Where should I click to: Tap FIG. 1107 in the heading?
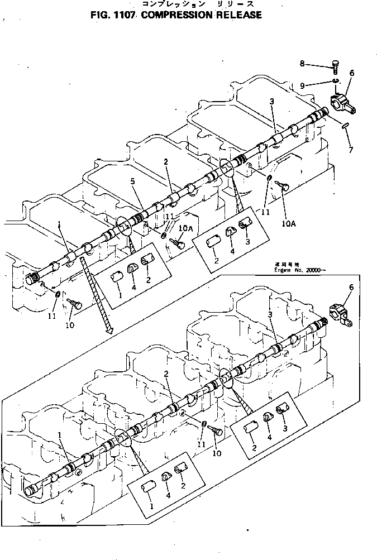pos(113,15)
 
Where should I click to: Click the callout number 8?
pos(302,64)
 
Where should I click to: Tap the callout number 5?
pos(132,181)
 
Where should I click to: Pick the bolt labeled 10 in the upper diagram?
pos(74,303)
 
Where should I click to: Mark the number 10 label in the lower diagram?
pos(217,453)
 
